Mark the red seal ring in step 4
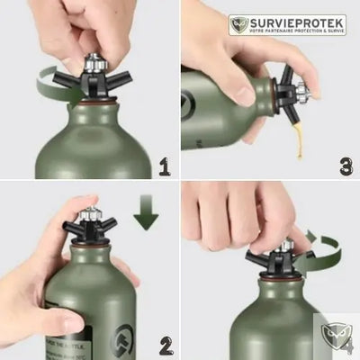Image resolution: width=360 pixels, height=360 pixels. click(264, 277)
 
